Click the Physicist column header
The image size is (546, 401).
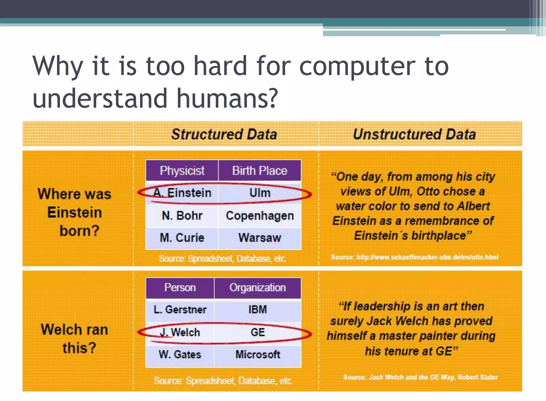coord(182,170)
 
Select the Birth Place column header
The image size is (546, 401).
coord(260,170)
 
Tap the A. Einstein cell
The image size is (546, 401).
coord(182,193)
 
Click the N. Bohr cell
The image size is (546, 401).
coord(182,216)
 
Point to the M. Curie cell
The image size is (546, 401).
coord(182,238)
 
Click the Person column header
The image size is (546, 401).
coord(180,288)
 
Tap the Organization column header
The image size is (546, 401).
coord(258,288)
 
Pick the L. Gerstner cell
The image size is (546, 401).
coord(180,310)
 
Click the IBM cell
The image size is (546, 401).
coord(258,310)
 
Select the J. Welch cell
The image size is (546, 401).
coord(180,332)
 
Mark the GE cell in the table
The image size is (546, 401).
coord(258,332)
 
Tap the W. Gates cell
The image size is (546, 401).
coord(180,355)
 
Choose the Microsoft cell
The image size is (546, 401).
coord(258,355)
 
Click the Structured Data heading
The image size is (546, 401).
coord(224,134)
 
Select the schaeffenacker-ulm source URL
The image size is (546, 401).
coord(427,257)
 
